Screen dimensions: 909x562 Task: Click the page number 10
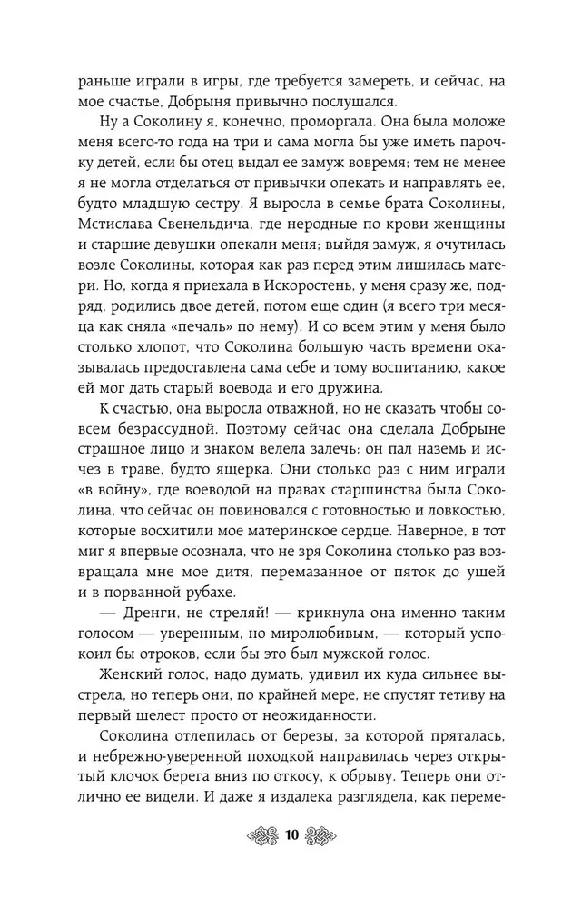pyautogui.click(x=291, y=835)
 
